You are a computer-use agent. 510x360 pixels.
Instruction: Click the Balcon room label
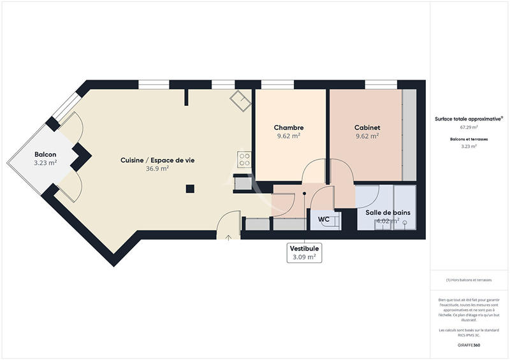(x=45, y=155)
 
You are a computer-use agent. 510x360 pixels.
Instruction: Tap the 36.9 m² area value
(x=157, y=169)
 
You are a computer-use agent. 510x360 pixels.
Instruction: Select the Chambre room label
(x=289, y=127)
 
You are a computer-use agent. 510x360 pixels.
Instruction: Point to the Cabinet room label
(x=367, y=127)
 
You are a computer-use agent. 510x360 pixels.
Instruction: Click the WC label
(x=324, y=219)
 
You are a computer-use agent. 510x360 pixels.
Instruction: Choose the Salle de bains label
(x=388, y=212)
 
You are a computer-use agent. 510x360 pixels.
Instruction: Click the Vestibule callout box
(x=304, y=252)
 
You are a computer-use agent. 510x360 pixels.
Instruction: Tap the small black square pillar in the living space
(x=190, y=189)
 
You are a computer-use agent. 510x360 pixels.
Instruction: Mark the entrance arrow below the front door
(x=229, y=237)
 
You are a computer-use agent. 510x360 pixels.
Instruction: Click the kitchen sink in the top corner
(x=240, y=99)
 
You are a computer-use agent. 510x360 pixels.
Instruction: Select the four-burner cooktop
(x=245, y=159)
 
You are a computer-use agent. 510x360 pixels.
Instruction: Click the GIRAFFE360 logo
(x=469, y=344)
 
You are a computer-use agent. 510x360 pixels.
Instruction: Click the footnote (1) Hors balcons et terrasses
(x=469, y=280)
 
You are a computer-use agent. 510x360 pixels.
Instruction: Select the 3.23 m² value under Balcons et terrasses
(x=469, y=146)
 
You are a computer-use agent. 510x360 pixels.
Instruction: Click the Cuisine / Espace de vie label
(x=157, y=160)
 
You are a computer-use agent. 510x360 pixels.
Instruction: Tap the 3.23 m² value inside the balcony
(x=45, y=163)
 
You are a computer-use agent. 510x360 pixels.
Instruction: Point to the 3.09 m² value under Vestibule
(x=304, y=257)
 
